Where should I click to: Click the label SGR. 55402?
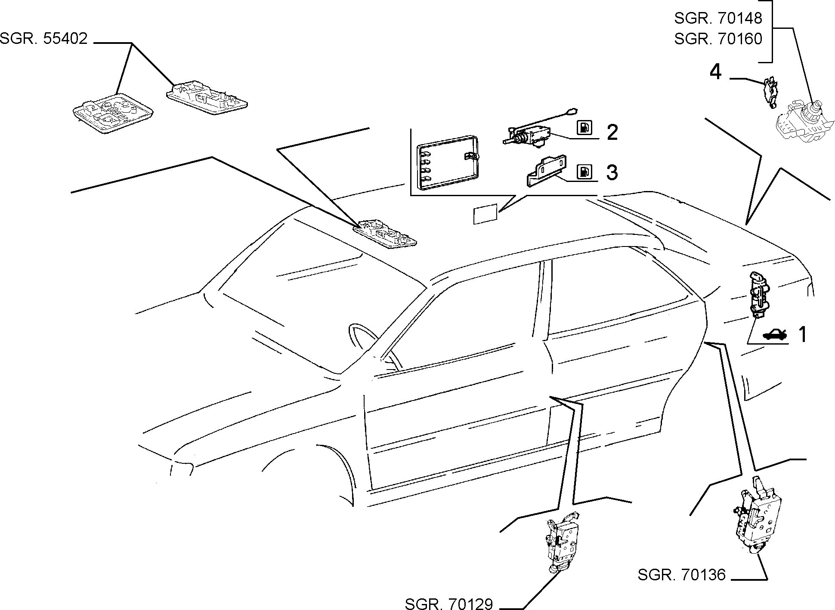tap(43, 39)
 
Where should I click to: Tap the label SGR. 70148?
tap(718, 18)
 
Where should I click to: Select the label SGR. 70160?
tap(718, 39)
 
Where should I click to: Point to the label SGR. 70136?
tap(682, 575)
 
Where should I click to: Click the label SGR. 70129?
tap(448, 604)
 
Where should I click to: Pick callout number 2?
tap(612, 132)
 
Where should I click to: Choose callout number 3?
tap(612, 172)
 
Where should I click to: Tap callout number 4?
tap(715, 72)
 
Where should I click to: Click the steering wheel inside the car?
tap(370, 344)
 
